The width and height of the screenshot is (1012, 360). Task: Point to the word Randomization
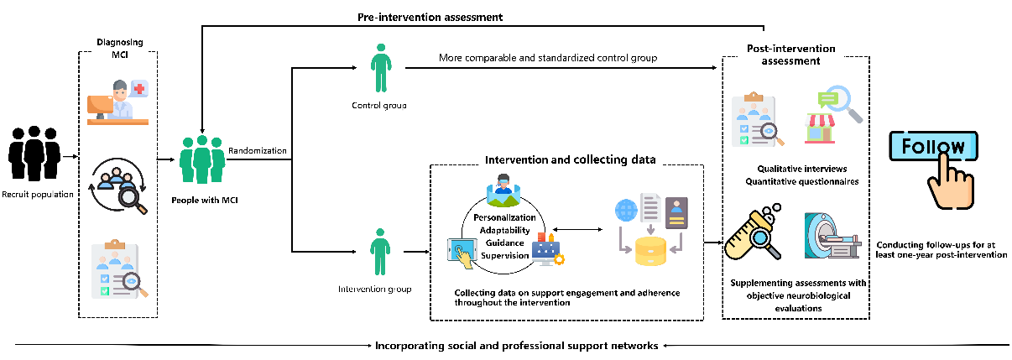[258, 152]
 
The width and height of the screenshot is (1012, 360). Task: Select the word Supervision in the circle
[505, 254]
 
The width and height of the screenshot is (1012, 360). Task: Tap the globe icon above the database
[623, 211]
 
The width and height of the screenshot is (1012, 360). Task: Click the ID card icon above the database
[676, 211]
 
